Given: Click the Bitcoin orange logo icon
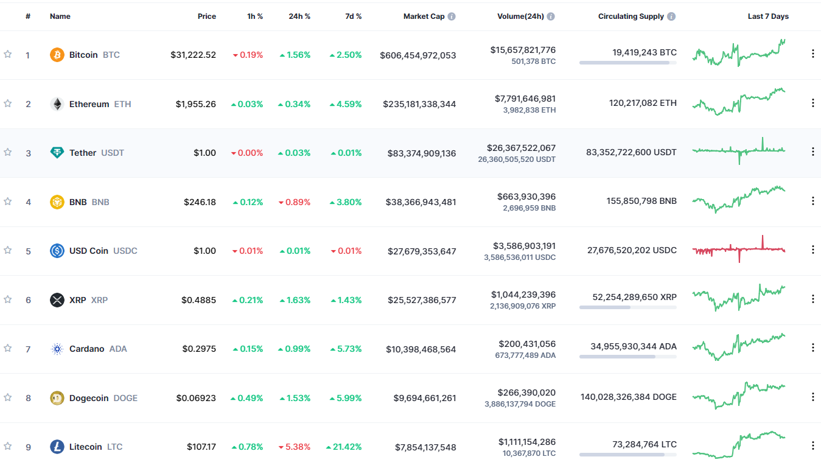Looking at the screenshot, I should tap(57, 55).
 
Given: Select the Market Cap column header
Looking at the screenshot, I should tap(424, 16).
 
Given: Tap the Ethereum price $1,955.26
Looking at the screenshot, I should tap(196, 104).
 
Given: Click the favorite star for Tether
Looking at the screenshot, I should tap(8, 152).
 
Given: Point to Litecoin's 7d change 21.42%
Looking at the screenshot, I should tap(344, 447).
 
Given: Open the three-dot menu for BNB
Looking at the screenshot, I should tap(812, 201).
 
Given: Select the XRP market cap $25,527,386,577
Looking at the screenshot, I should tap(422, 300).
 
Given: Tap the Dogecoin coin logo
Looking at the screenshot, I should tap(57, 398).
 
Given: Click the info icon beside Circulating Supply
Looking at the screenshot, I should tap(671, 16).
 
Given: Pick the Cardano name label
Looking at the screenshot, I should tap(86, 349).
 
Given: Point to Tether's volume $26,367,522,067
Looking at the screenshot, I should tap(521, 148).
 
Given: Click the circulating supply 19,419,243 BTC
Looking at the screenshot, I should tap(645, 52).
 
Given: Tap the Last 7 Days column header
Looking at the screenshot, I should tap(768, 16).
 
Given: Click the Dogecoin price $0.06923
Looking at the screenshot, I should tap(196, 398).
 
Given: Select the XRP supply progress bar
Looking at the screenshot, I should tap(627, 307).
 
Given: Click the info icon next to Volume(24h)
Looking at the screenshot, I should tap(550, 16).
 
